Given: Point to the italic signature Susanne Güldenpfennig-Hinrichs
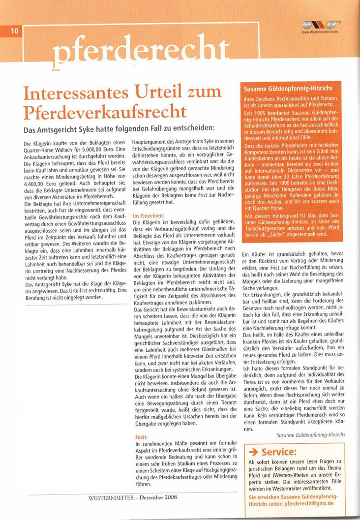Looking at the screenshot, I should [310, 435].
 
